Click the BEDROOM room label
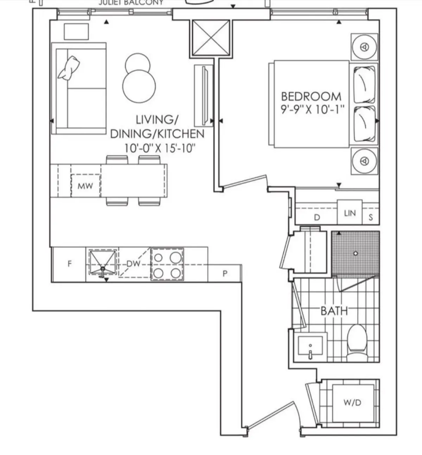point(311,96)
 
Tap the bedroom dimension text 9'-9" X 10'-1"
point(312,110)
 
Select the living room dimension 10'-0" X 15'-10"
point(159,148)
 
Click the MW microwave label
point(85,186)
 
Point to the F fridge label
point(70,264)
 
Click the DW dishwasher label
point(133,264)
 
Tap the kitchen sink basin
point(102,262)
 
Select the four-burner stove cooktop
point(167,264)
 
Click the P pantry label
point(225,274)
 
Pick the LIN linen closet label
point(350,213)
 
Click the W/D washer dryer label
point(352,403)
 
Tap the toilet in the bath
point(357,341)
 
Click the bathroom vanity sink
point(310,346)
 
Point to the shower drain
point(356,254)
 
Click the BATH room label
point(334,311)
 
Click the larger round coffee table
point(139,86)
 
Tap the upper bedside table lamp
point(365,47)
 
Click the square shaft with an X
point(211,38)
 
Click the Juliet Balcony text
point(131,3)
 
